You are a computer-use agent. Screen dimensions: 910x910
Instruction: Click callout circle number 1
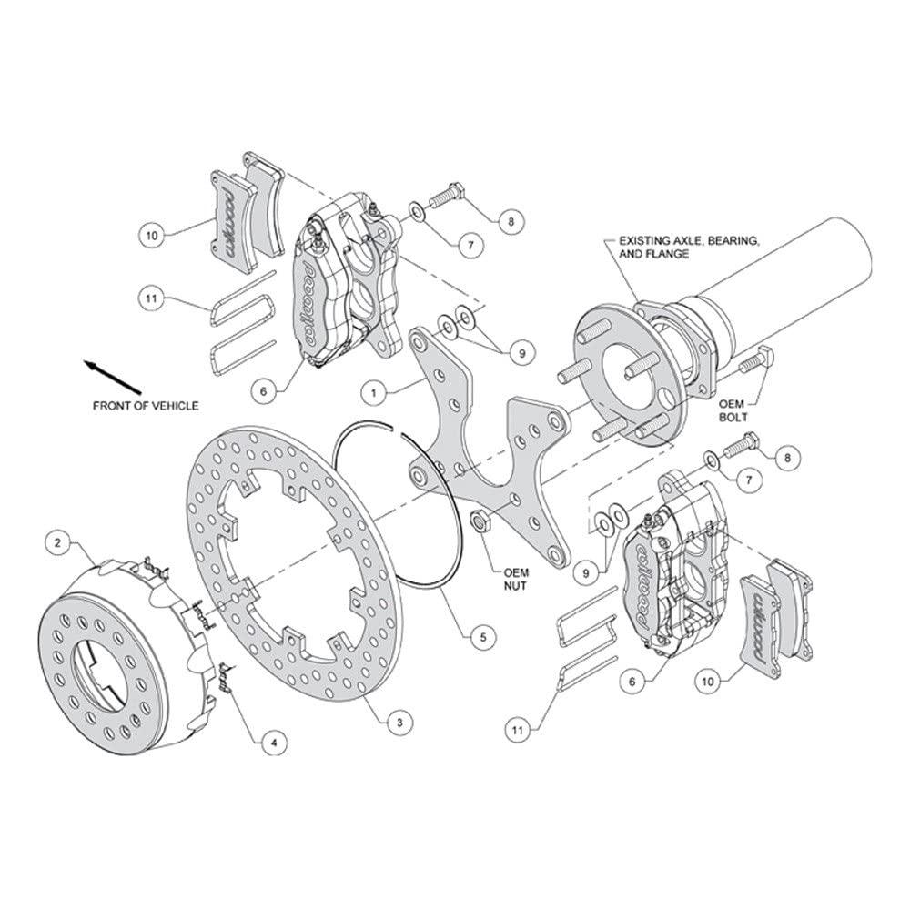(374, 393)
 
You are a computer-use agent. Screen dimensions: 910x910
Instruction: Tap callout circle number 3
(399, 723)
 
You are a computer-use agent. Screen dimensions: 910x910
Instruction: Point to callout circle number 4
(274, 743)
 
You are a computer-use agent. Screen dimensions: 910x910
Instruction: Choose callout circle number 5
(483, 637)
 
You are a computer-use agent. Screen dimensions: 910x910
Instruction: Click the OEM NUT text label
(515, 580)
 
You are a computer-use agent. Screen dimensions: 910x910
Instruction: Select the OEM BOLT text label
(733, 410)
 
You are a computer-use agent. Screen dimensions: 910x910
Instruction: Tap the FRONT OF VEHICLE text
(145, 406)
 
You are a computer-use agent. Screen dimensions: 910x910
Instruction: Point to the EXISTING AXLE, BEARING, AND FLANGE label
(689, 248)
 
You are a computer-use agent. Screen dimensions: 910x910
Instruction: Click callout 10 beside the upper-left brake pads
(152, 236)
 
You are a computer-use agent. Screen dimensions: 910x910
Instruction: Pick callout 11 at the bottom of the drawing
(518, 730)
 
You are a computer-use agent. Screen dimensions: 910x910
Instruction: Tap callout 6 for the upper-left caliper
(264, 391)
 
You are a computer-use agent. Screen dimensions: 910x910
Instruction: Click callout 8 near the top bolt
(511, 221)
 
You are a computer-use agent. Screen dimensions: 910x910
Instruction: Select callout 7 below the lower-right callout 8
(749, 480)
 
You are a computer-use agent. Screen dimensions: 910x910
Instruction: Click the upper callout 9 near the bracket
(521, 353)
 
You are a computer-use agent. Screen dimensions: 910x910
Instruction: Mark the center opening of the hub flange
(629, 379)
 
